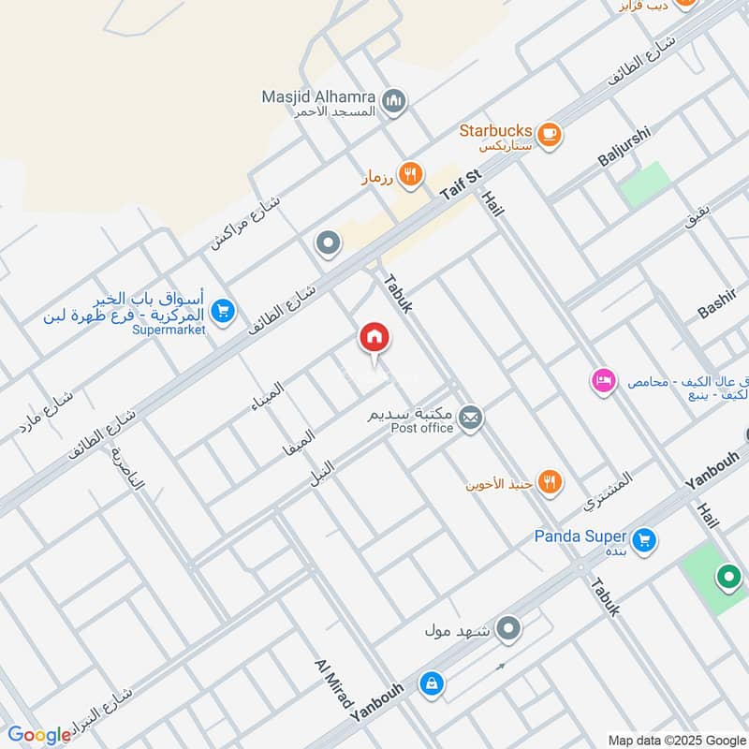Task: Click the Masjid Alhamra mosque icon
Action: (395, 99)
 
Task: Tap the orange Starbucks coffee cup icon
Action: (550, 132)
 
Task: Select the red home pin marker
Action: (374, 338)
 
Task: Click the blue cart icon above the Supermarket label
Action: (223, 310)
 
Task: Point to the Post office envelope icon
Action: (472, 418)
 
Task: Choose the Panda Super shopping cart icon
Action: (643, 539)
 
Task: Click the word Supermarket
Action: (169, 330)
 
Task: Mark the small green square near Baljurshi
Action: (646, 184)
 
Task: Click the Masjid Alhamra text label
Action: (318, 97)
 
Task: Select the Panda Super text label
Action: (580, 536)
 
